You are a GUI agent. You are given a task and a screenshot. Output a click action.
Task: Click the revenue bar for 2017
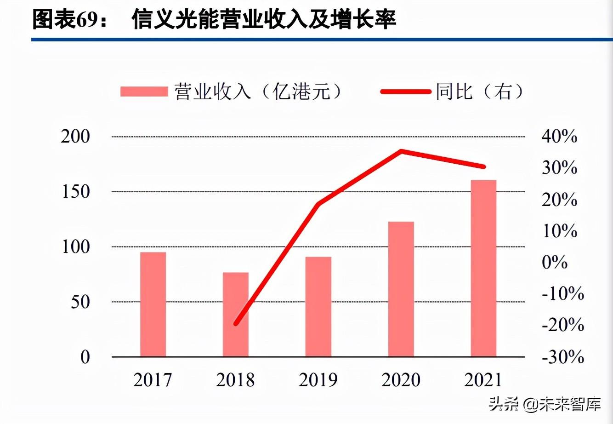point(153,304)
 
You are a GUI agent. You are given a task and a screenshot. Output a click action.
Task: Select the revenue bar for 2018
point(236,315)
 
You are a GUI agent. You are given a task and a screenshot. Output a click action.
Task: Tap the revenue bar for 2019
point(318,307)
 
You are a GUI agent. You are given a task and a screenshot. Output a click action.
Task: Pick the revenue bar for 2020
point(401,289)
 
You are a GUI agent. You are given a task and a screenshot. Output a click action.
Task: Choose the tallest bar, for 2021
point(484,268)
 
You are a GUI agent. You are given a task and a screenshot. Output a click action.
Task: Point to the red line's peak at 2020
point(401,151)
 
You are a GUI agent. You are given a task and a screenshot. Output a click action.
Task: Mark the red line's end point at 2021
point(483,166)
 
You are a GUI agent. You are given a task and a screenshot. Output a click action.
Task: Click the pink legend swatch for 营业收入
point(144,92)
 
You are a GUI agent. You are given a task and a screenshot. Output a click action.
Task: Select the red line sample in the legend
point(406,92)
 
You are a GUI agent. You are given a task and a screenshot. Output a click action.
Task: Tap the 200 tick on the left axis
point(75,137)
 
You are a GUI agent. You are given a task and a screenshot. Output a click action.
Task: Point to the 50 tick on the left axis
point(80,302)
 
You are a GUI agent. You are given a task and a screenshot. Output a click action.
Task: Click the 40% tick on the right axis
point(559,137)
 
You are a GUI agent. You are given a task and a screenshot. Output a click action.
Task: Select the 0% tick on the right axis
point(555,262)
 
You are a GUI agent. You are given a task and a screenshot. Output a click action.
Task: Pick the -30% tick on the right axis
point(562,357)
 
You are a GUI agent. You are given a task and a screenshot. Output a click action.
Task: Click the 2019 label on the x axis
point(318,380)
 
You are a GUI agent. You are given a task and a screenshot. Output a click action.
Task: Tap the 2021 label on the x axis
point(483,380)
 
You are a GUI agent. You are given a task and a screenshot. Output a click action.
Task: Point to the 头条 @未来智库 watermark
point(544,404)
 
